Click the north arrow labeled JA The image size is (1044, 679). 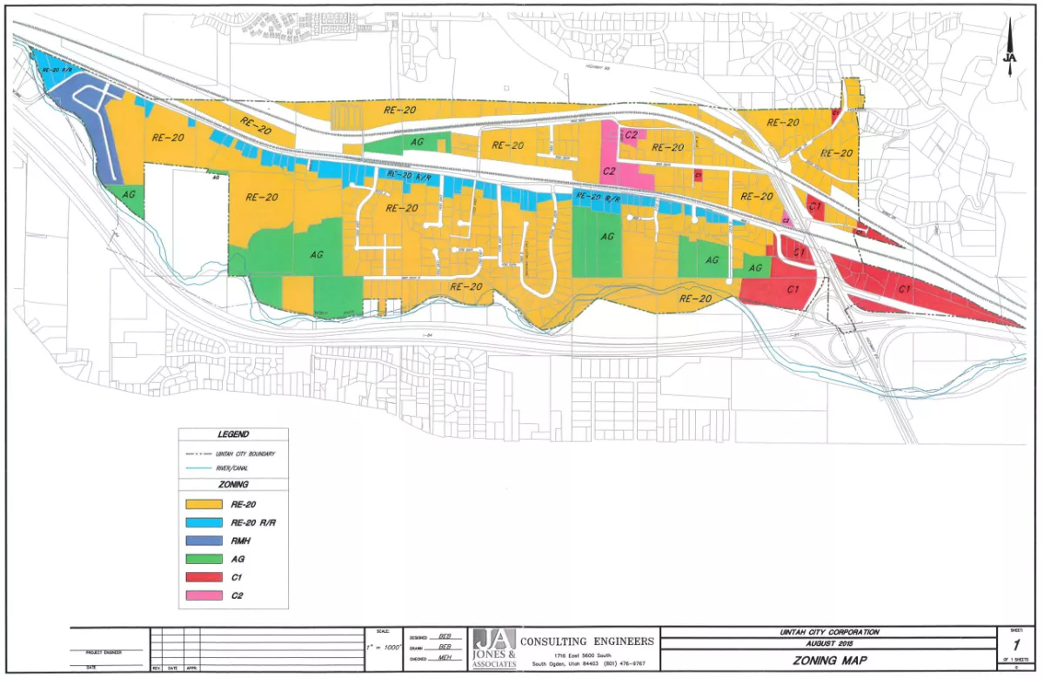[1009, 52]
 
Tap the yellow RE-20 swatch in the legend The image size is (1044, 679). [208, 504]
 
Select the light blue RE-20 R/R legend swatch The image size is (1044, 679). [208, 523]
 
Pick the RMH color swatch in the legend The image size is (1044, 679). [208, 541]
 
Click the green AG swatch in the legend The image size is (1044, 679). [208, 560]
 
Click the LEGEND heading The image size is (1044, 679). [233, 434]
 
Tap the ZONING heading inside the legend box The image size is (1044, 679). [233, 484]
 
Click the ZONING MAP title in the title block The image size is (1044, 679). [827, 661]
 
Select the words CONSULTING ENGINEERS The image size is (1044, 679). [587, 642]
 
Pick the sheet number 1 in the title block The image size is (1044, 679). [1014, 646]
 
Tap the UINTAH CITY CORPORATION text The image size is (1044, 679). [827, 632]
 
